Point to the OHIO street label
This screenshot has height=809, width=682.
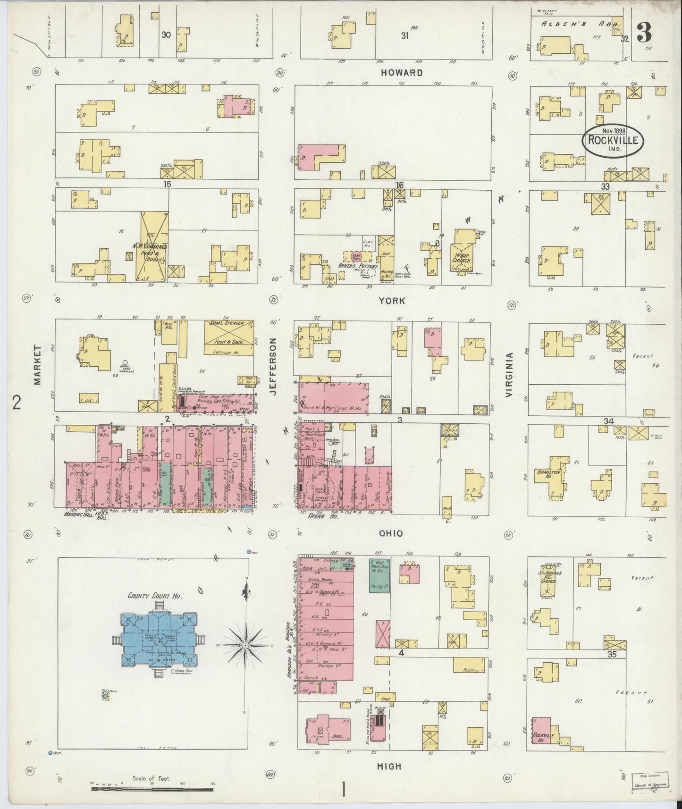point(391,533)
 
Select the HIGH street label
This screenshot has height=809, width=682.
point(390,767)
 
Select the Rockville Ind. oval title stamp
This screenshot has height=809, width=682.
point(613,140)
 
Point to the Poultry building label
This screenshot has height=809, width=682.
point(471,670)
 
